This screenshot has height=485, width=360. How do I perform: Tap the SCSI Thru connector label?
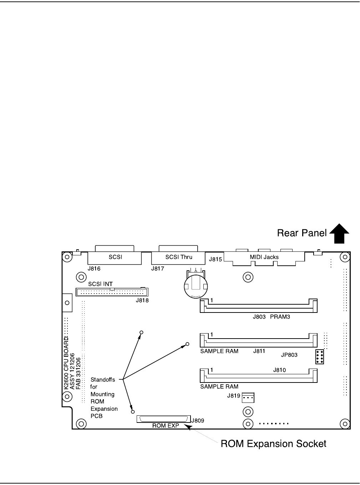178,257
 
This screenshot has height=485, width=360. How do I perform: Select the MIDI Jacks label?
264,257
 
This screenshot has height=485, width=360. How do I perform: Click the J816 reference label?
94,268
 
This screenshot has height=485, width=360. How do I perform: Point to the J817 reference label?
157,268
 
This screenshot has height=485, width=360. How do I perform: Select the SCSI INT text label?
100,284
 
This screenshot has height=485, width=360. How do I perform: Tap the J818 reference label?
142,300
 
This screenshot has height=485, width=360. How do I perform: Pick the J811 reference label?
259,351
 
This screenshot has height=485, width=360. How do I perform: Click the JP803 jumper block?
320,357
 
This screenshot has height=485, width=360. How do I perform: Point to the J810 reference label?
279,370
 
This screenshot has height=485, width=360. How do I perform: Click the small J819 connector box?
248,397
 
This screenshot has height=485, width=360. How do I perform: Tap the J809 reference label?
197,420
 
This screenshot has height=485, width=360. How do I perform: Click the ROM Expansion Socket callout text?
273,444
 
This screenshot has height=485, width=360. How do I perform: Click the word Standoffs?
103,380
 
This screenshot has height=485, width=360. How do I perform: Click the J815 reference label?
216,259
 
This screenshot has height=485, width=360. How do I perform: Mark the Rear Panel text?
302,233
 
